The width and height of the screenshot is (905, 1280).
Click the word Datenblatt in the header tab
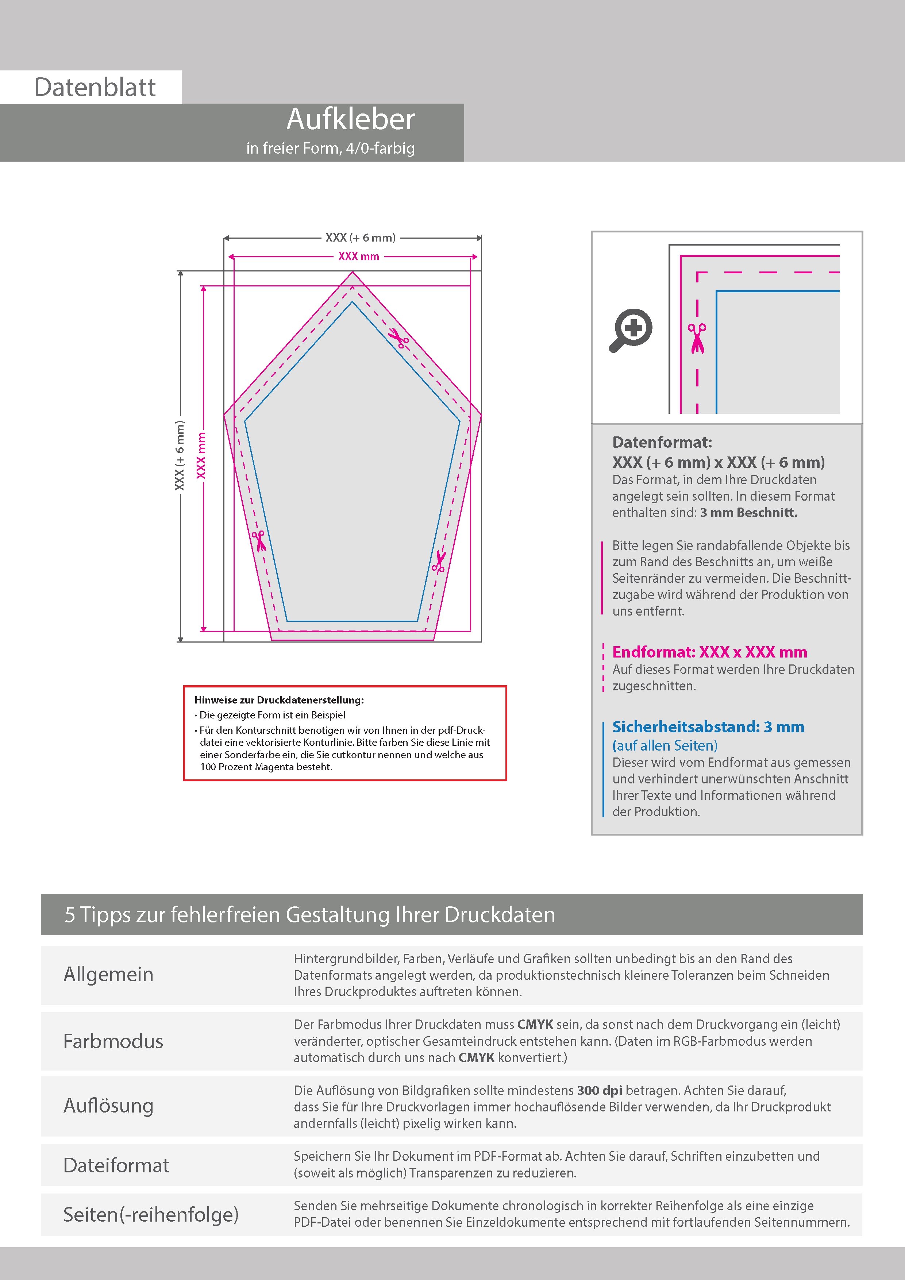95,88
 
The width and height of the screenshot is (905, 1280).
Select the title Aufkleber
351,119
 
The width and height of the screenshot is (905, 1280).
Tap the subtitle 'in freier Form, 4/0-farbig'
331,148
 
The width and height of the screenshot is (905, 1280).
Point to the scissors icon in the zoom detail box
697,338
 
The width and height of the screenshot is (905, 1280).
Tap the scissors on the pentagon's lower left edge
259,540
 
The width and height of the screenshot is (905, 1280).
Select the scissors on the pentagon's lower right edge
439,562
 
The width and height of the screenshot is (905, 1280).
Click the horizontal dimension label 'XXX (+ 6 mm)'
360,238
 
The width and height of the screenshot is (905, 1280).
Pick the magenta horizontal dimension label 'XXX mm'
359,257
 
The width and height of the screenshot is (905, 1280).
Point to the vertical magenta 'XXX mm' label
201,455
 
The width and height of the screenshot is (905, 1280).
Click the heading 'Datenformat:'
662,443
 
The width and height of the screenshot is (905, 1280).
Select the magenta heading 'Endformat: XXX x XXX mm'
709,652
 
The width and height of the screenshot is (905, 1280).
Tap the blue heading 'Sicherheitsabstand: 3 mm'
708,727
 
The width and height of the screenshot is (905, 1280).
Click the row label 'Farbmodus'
113,1041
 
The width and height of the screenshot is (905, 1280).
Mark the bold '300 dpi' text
600,1091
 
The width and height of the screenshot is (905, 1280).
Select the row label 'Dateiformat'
116,1165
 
